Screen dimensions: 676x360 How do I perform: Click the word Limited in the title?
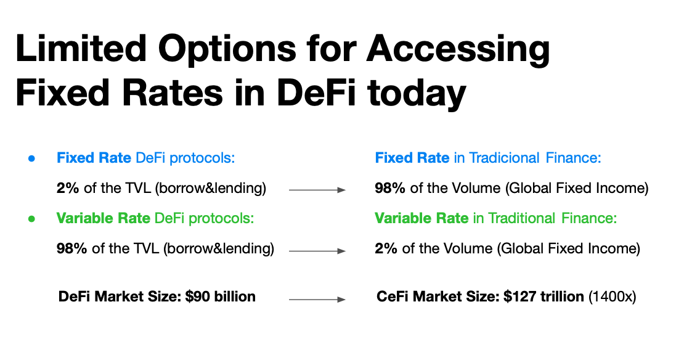(81, 48)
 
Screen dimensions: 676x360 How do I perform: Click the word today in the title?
(417, 95)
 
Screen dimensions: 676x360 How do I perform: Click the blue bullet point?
(31, 158)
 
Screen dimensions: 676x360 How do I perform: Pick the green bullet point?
(31, 219)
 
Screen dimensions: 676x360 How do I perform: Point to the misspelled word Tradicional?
(504, 158)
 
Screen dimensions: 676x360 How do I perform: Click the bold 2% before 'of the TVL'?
(68, 188)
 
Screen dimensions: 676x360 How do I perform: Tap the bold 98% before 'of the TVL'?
(71, 248)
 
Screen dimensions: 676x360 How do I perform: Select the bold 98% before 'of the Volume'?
(389, 188)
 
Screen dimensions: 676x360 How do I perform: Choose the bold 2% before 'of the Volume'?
(386, 248)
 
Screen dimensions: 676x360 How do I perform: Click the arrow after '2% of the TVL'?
(317, 190)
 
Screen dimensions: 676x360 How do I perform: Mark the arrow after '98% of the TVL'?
(317, 250)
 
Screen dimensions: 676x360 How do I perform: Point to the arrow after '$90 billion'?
(317, 299)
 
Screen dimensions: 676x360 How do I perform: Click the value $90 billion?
(221, 297)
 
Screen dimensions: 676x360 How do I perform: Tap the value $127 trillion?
(544, 297)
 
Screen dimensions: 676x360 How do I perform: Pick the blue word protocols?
(202, 158)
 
